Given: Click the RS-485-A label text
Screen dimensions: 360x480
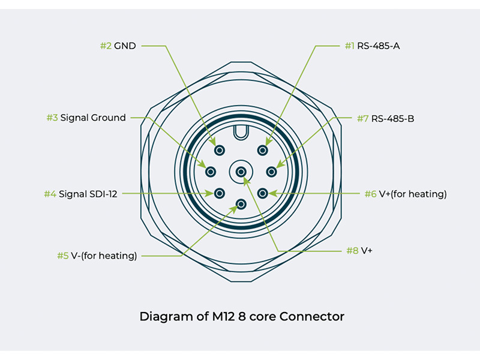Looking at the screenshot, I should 379,46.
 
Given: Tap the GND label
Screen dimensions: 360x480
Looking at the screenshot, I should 125,46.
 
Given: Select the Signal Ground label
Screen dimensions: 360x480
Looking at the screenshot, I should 93,118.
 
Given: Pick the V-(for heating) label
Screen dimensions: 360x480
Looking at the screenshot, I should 104,256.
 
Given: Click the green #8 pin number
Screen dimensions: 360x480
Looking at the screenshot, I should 352,250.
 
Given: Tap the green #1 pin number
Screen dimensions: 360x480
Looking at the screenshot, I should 349,46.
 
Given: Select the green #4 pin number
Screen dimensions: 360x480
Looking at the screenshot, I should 50,194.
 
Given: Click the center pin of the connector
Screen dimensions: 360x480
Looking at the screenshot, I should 241,172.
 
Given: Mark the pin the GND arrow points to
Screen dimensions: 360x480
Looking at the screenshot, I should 219,150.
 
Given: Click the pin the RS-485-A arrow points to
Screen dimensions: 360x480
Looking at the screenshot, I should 262,150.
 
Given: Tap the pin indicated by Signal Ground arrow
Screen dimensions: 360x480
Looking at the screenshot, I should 210,172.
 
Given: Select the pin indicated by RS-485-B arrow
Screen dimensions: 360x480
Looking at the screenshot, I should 271,172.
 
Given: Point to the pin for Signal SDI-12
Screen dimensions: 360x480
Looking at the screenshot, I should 219,193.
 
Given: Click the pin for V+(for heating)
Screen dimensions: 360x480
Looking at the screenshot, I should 262,193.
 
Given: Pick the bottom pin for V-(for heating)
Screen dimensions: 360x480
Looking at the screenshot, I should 241,204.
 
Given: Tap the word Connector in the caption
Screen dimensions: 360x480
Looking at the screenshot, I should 315,316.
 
